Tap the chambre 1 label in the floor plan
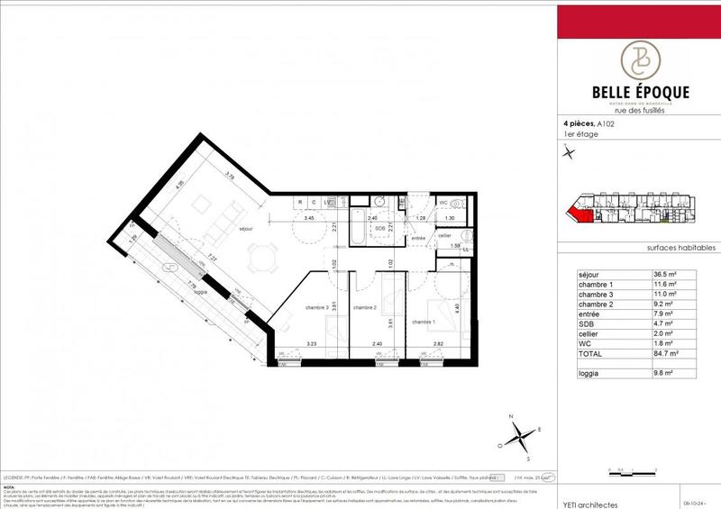pyautogui.click(x=424, y=321)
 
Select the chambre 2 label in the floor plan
pyautogui.click(x=364, y=307)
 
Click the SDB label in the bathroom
pyautogui.click(x=368, y=228)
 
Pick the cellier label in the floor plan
pyautogui.click(x=444, y=235)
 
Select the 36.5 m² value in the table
pyautogui.click(x=667, y=275)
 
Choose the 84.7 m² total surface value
pyautogui.click(x=667, y=355)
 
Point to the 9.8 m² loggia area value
pyautogui.click(x=666, y=373)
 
